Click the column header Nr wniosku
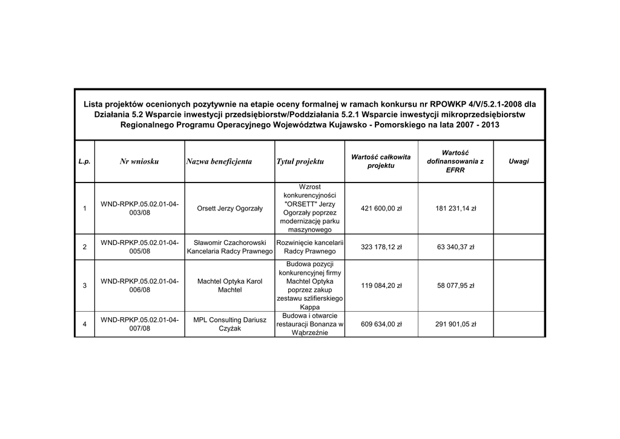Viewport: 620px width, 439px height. point(139,161)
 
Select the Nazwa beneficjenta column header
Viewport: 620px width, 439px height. point(219,161)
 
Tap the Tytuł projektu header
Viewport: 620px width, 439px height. point(300,161)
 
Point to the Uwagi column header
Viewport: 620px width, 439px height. point(518,161)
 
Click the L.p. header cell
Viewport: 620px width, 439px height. point(84,161)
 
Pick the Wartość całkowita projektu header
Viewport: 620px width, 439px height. point(381,161)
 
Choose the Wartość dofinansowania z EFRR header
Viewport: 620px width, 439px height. point(455,161)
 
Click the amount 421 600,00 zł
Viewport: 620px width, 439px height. point(381,209)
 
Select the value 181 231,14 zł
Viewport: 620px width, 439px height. point(456,209)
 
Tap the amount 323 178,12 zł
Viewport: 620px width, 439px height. point(381,247)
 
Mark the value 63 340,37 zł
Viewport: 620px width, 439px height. point(456,247)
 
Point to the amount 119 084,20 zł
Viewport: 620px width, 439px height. point(381,286)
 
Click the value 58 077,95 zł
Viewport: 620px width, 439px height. point(456,286)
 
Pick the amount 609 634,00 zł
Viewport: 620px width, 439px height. point(381,324)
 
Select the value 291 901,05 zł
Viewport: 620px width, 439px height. point(456,324)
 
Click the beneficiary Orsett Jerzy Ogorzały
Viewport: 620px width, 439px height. point(230,209)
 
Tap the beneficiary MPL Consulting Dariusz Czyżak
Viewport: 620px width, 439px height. point(230,324)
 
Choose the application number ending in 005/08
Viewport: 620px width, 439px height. point(139,247)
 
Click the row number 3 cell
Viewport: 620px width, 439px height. point(84,286)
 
